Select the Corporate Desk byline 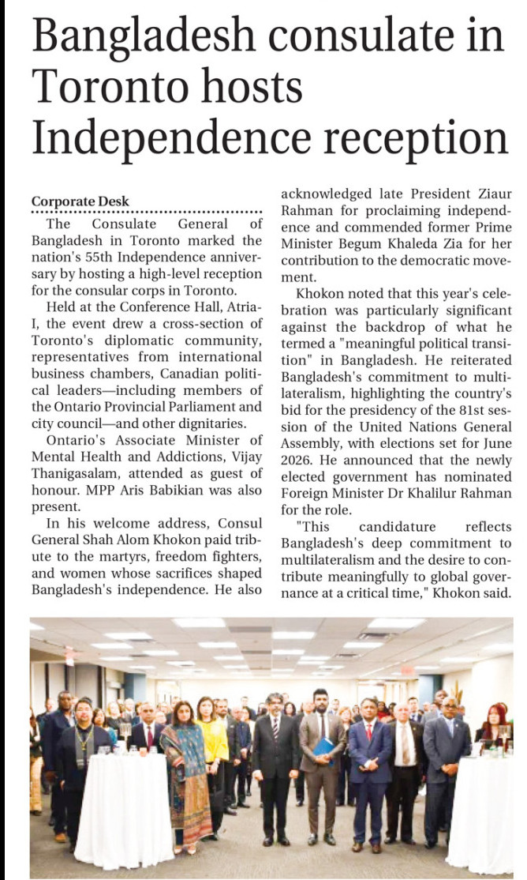tap(80, 201)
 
